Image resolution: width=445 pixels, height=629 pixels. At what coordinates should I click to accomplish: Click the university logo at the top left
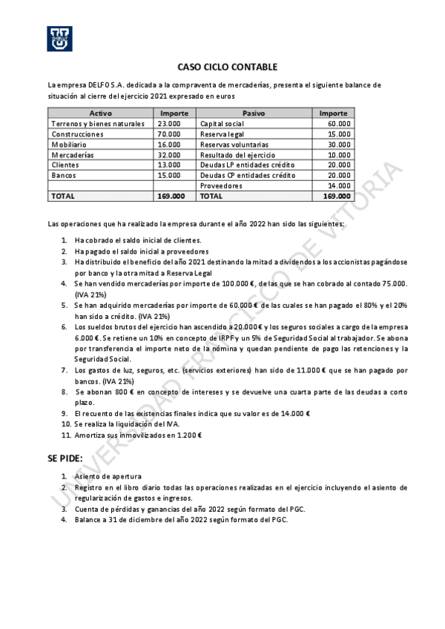60,39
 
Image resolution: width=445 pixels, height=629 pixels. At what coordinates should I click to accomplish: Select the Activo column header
100,113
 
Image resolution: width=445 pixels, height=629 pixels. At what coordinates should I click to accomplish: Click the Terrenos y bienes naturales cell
98,123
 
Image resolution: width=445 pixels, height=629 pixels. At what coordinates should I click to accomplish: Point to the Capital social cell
222,123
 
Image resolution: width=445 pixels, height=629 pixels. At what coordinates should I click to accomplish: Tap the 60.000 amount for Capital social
339,123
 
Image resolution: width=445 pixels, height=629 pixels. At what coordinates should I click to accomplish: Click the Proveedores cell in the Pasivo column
221,185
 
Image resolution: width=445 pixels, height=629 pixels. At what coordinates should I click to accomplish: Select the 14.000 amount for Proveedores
339,185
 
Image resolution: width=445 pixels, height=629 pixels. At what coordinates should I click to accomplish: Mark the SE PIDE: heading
65,458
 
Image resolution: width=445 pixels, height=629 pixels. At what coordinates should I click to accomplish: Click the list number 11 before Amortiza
65,435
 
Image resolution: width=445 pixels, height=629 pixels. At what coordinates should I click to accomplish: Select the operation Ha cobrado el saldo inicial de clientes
137,240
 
